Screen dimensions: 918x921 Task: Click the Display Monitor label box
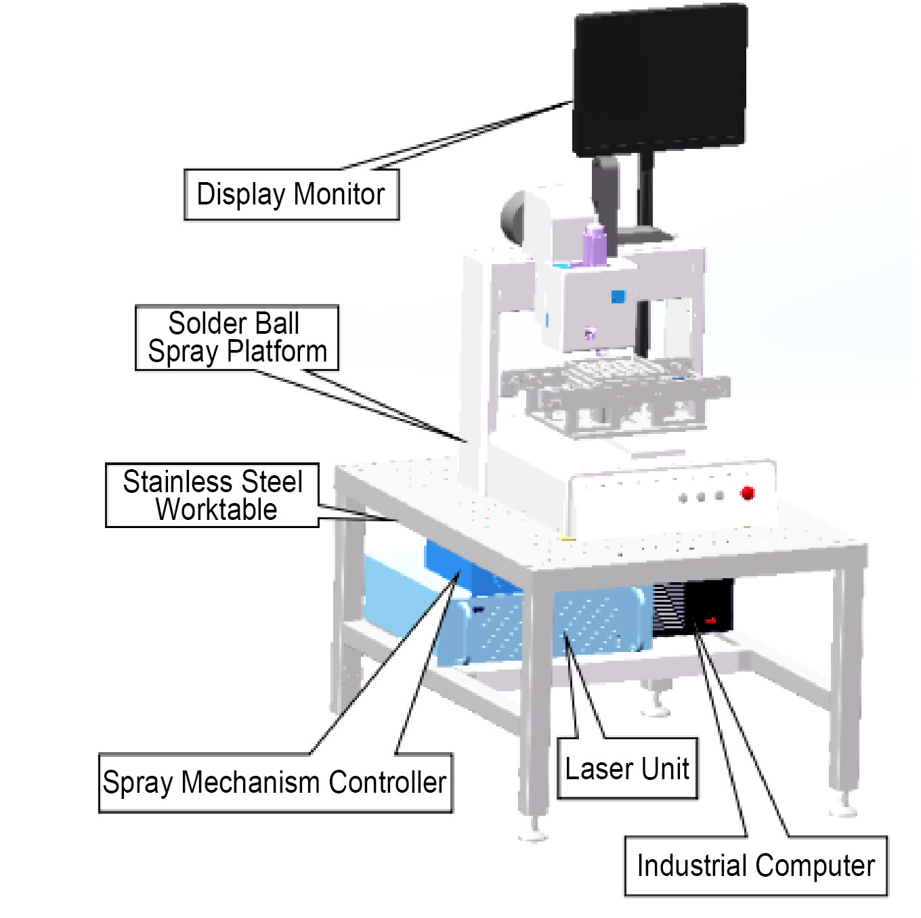291,194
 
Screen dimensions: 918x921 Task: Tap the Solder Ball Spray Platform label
236,338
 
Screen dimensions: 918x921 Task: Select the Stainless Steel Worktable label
212,496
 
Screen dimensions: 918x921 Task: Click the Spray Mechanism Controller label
275,783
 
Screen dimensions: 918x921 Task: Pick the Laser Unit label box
626,769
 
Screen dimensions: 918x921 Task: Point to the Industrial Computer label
755,866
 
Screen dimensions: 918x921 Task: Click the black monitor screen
660,80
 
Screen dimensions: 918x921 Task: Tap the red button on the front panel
748,492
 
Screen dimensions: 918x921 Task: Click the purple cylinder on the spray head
594,245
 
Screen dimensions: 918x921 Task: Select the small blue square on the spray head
618,297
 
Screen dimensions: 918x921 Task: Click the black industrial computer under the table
708,606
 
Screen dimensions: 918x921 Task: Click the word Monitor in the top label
339,194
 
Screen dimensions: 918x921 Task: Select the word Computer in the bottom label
815,866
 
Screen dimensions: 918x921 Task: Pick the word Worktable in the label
216,510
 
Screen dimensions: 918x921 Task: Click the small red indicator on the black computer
710,620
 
